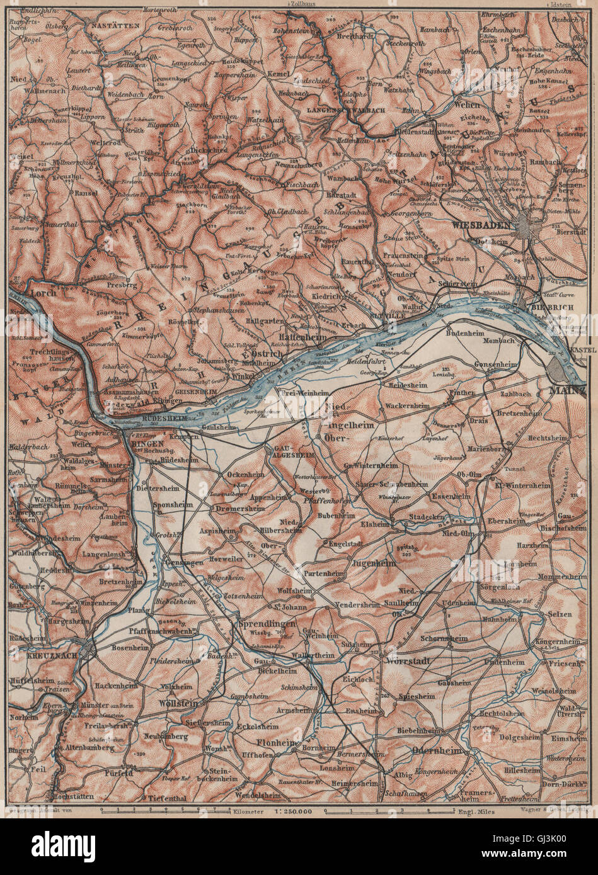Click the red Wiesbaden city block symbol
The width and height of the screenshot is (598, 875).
[x=525, y=224]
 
